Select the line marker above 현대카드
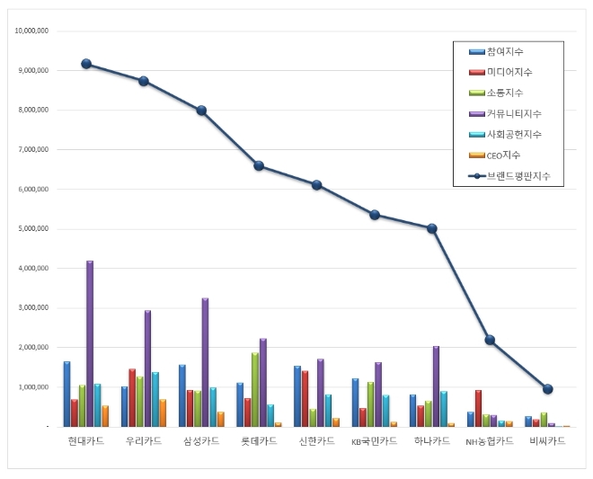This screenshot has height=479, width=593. pyautogui.click(x=86, y=64)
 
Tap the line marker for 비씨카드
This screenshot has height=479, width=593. pyautogui.click(x=547, y=389)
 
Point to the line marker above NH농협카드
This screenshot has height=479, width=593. pyautogui.click(x=490, y=340)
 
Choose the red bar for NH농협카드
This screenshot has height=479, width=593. pyautogui.click(x=478, y=408)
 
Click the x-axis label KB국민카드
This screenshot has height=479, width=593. pyautogui.click(x=374, y=441)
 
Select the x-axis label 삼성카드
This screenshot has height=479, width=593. pyautogui.click(x=201, y=441)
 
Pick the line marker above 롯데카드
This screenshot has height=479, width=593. pyautogui.click(x=259, y=165)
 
